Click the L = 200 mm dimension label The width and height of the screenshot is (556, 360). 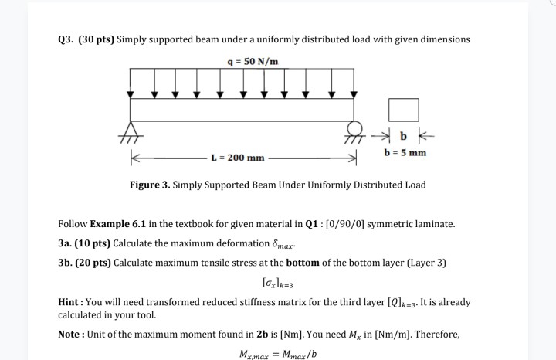(238, 158)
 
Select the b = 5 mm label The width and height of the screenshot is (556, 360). (405, 152)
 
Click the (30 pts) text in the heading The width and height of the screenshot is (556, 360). (97, 39)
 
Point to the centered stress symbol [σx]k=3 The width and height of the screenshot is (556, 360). (278, 283)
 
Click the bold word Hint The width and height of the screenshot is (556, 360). (71, 302)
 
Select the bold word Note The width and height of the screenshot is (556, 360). (72, 335)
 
